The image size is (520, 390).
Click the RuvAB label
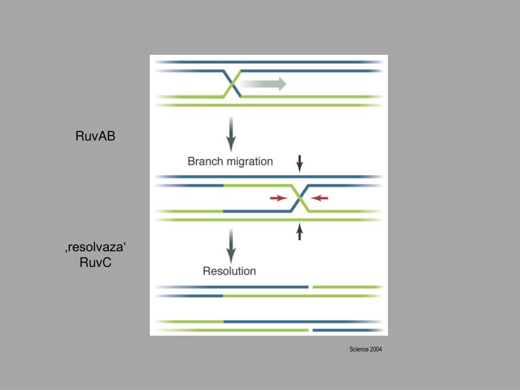pyautogui.click(x=95, y=136)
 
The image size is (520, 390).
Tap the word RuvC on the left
pyautogui.click(x=95, y=263)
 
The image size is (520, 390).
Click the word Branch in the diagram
pyautogui.click(x=206, y=161)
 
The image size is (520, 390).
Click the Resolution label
pyautogui.click(x=229, y=271)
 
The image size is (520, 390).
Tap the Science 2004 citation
pyautogui.click(x=366, y=349)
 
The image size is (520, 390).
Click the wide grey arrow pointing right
pyautogui.click(x=264, y=84)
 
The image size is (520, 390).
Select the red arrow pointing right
pyautogui.click(x=278, y=198)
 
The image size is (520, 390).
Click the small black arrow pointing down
pyautogui.click(x=300, y=162)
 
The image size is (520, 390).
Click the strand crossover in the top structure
pyautogui.click(x=232, y=83)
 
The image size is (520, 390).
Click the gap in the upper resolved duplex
pyautogui.click(x=310, y=287)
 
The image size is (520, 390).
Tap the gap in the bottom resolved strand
pyautogui.click(x=310, y=331)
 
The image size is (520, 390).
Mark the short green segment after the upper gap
pyautogui.click(x=347, y=287)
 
